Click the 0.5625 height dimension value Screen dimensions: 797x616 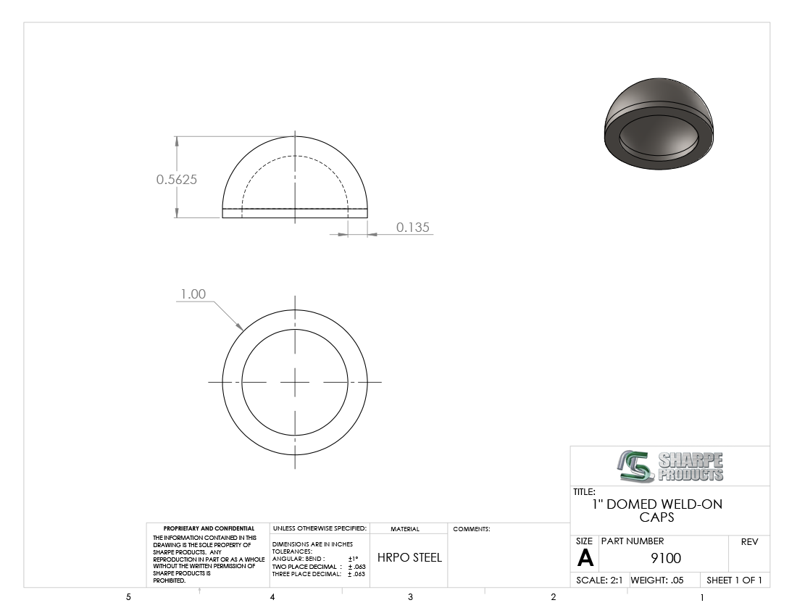[176, 180]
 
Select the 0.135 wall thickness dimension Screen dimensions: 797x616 [413, 227]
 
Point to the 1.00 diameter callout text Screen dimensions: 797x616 [193, 294]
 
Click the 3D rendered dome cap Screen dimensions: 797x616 [659, 124]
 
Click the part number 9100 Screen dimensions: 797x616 [666, 559]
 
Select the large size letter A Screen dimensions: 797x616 [585, 558]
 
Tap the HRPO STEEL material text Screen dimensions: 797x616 [409, 557]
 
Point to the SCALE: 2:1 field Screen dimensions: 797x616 [599, 580]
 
